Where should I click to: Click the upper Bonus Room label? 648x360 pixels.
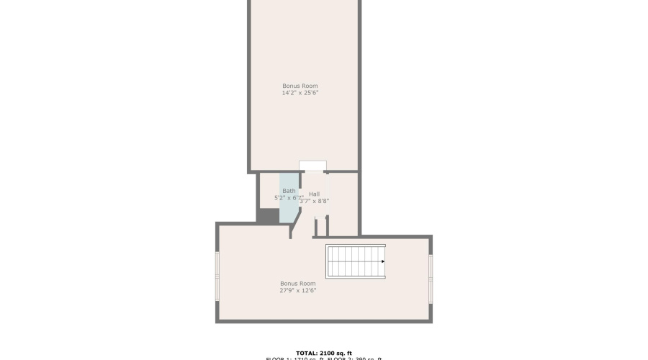click(300, 86)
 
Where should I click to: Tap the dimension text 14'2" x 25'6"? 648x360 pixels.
click(300, 93)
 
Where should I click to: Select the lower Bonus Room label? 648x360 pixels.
click(297, 284)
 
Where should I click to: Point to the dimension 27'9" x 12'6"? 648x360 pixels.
click(297, 291)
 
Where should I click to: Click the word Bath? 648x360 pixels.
click(288, 191)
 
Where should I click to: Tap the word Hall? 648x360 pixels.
click(314, 194)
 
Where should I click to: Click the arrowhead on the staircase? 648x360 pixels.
click(382, 261)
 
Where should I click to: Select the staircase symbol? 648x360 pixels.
click(355, 261)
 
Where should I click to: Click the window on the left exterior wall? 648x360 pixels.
click(217, 275)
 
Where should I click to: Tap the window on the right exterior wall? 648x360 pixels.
click(431, 275)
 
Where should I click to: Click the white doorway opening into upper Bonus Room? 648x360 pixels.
click(312, 166)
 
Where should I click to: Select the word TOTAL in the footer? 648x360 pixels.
click(307, 353)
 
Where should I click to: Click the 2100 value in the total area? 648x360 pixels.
click(328, 353)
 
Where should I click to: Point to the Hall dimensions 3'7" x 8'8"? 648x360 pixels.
click(315, 201)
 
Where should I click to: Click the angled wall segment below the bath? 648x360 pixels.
click(294, 227)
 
